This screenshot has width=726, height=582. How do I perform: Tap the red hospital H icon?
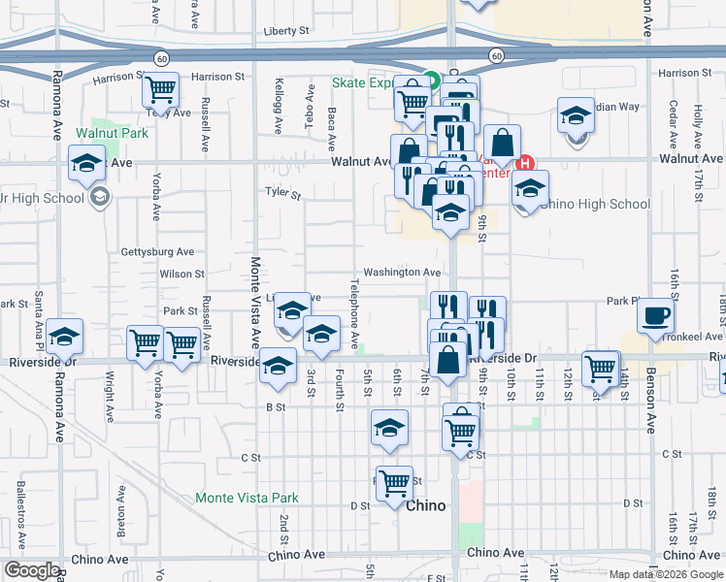click(x=526, y=162)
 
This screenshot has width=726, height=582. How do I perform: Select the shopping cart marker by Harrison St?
click(x=161, y=90)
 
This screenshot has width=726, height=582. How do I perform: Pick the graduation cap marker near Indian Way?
click(x=576, y=115)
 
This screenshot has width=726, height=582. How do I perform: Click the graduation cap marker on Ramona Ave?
click(x=65, y=337)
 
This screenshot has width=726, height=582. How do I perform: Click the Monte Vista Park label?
click(x=247, y=498)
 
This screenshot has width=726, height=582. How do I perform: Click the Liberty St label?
click(x=286, y=31)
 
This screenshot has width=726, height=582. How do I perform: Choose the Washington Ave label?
click(x=403, y=273)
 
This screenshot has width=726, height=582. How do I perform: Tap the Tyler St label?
click(x=283, y=193)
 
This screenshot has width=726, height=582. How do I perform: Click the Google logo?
click(x=32, y=570)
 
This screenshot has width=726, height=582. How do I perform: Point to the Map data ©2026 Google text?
click(x=665, y=574)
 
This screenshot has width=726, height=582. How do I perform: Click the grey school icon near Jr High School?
click(x=98, y=199)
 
